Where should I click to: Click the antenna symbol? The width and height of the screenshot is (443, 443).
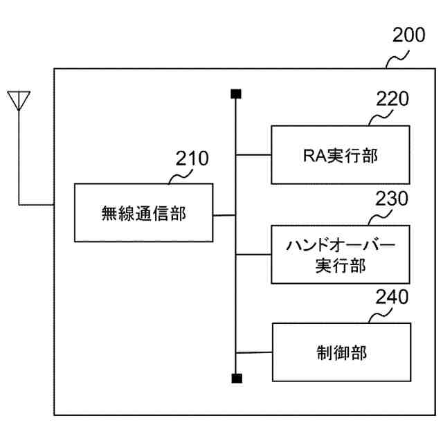(19, 101)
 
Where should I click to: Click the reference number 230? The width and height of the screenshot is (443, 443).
(392, 199)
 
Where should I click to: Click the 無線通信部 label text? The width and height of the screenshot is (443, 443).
(143, 213)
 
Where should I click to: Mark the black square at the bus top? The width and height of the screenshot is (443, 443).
(236, 93)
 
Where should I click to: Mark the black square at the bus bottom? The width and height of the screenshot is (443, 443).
(236, 378)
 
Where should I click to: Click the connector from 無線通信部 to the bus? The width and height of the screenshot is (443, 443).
(224, 215)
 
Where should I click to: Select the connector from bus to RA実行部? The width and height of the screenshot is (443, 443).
(253, 155)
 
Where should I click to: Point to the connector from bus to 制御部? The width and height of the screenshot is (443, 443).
(253, 352)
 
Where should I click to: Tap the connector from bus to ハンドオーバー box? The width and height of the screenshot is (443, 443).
(253, 254)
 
